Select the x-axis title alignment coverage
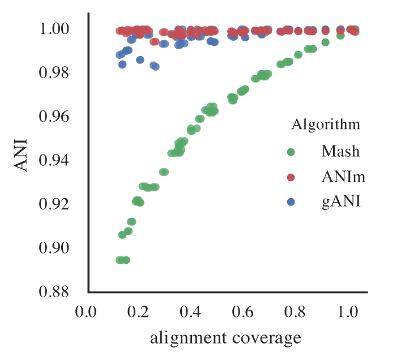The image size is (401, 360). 225,338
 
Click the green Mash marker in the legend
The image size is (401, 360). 291,152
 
